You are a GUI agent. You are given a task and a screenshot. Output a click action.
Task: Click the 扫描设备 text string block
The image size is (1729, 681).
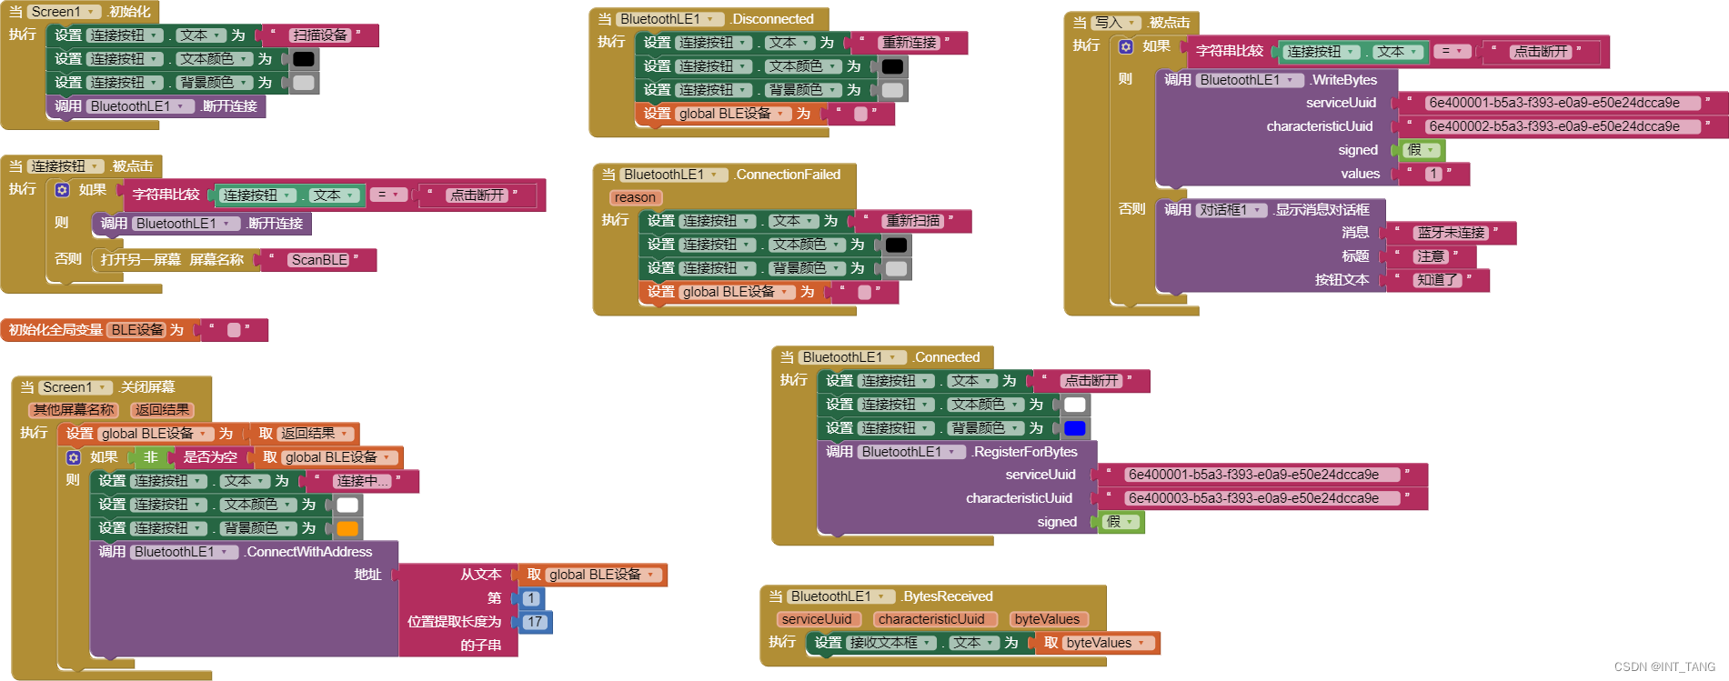pos(319,35)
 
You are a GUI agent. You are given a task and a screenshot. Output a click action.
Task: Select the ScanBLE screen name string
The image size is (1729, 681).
pos(319,260)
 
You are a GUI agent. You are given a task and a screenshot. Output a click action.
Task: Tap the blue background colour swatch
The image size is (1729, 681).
pos(1075,428)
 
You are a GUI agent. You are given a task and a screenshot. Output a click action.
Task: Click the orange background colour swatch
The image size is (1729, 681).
pos(347,528)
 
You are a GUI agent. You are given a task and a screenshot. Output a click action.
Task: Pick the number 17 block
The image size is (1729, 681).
pos(534,622)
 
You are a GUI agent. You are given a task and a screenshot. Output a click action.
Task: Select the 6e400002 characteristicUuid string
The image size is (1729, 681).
pos(1553,126)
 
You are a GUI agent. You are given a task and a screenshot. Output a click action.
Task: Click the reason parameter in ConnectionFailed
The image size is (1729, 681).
pos(635,197)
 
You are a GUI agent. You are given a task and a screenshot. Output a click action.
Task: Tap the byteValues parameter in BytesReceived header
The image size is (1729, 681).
pos(1047,619)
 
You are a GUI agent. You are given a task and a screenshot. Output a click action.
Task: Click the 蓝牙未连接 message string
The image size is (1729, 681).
pos(1451,233)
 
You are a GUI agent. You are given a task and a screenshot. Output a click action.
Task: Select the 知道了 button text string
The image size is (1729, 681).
pos(1437,280)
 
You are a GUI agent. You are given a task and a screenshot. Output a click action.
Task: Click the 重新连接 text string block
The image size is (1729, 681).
pos(909,43)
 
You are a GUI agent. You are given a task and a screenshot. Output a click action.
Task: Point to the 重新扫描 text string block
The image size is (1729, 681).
pos(913,221)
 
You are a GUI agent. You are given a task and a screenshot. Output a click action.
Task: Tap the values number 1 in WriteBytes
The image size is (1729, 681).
pos(1433,174)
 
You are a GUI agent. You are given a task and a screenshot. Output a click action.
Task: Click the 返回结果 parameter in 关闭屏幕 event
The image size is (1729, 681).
pos(162,410)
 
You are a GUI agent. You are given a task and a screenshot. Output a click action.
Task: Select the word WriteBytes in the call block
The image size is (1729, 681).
pos(1344,80)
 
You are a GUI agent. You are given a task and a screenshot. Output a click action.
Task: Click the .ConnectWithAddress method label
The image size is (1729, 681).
pos(309,552)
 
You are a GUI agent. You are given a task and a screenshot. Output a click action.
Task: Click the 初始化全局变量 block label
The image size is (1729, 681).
pos(55,330)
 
